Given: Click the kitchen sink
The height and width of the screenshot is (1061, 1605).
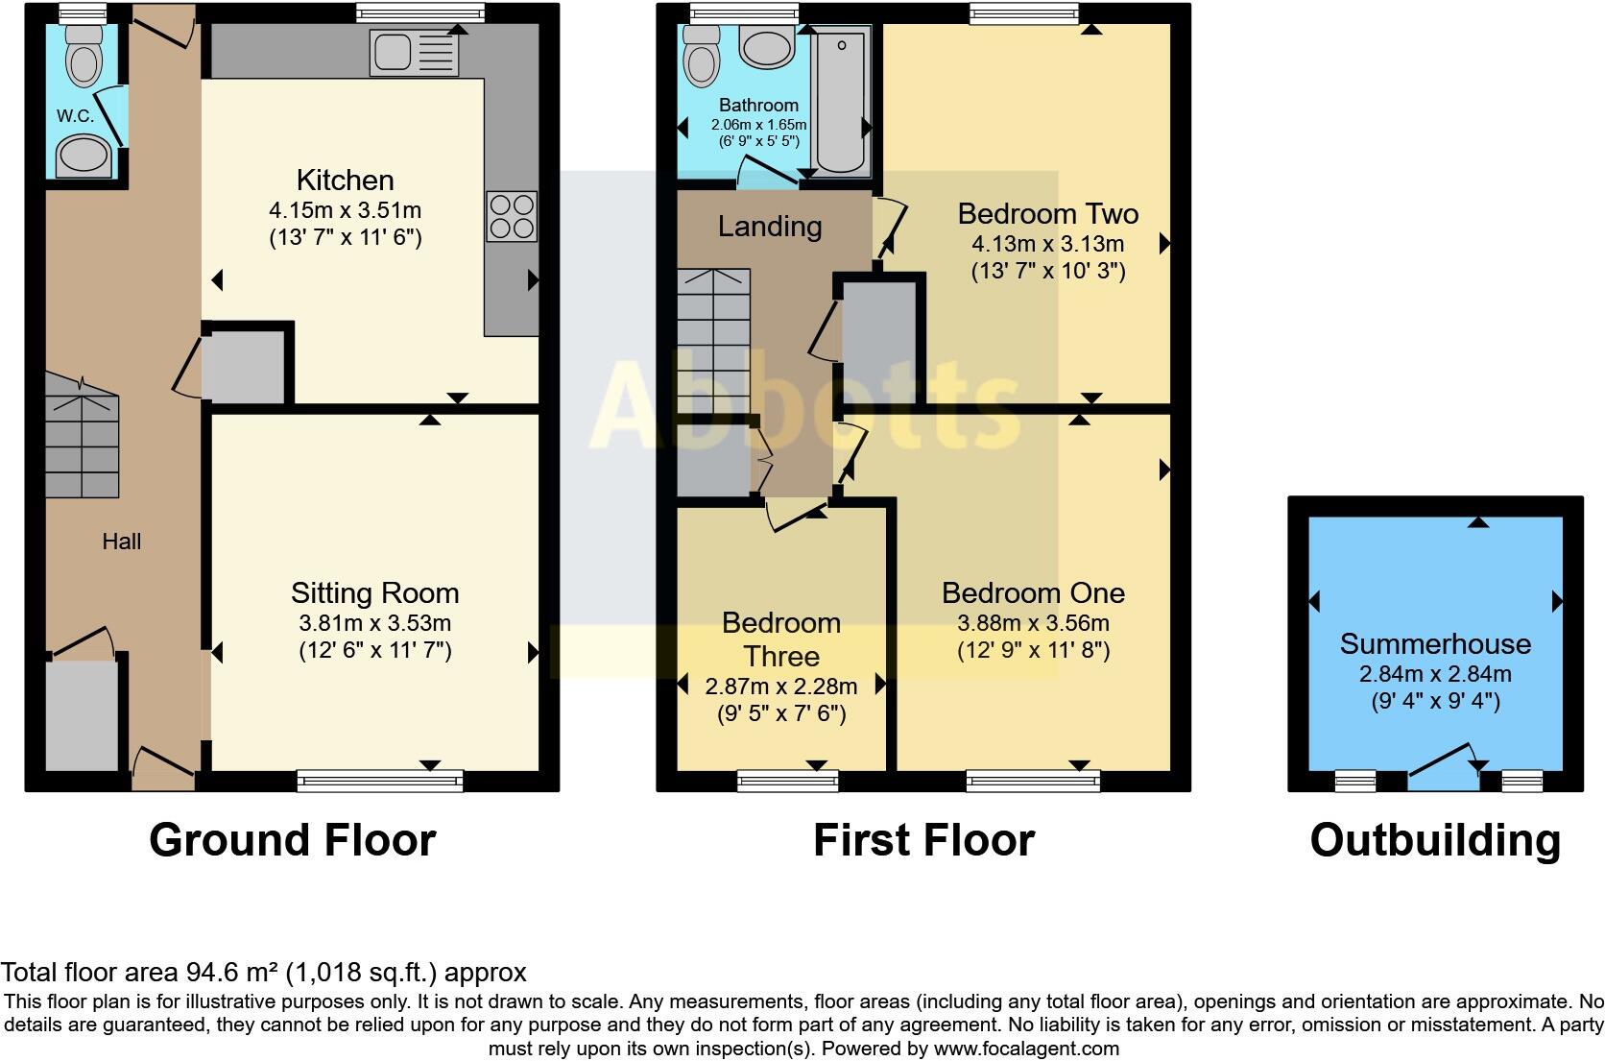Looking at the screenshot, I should pyautogui.click(x=414, y=53).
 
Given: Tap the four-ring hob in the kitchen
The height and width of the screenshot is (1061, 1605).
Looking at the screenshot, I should pyautogui.click(x=512, y=217).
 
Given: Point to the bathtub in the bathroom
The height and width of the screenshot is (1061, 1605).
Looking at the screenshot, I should pyautogui.click(x=842, y=101).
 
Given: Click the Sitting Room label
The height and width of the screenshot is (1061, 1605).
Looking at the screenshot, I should pyautogui.click(x=374, y=593).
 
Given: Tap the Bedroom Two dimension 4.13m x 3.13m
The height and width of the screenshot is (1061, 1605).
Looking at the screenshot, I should pyautogui.click(x=1047, y=243).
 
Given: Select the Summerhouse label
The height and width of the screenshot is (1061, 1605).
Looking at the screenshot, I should pyautogui.click(x=1435, y=643).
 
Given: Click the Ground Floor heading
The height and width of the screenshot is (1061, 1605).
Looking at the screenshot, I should pyautogui.click(x=292, y=840).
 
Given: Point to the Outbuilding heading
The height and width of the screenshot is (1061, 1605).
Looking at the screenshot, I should pyautogui.click(x=1434, y=840).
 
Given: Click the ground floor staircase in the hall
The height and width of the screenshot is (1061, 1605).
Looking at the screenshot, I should pyautogui.click(x=82, y=437).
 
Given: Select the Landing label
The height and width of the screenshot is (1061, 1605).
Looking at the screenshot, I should pyautogui.click(x=770, y=227).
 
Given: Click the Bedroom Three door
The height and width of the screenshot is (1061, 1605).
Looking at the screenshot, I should pyautogui.click(x=795, y=514).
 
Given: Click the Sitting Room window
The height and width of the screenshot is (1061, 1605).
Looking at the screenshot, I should pyautogui.click(x=380, y=781).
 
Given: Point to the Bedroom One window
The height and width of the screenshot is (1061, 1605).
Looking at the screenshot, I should pyautogui.click(x=1033, y=781).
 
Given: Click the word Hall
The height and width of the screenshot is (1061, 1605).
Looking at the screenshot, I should pyautogui.click(x=122, y=542).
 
